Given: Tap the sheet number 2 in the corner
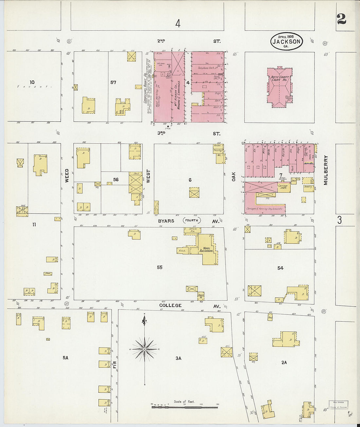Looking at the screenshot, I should tap(341, 19).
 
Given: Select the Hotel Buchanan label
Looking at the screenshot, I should tap(207, 249).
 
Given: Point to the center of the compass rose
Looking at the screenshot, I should tap(144, 349).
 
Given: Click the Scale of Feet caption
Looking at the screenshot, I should tap(184, 401).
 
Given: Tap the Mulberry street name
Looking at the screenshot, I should tap(326, 170).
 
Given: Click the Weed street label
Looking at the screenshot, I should tap(67, 175).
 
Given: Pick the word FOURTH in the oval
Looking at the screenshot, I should tap(191, 221).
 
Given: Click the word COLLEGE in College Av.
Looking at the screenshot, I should tap(170, 305).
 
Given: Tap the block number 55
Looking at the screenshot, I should tap(159, 267).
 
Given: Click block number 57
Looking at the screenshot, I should tap(113, 82).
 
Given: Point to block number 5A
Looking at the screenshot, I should tap(65, 358).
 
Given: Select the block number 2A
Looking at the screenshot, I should tap(284, 363).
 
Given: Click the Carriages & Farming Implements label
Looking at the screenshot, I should tap(264, 209).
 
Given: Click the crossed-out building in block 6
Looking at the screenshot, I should tap(194, 192).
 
